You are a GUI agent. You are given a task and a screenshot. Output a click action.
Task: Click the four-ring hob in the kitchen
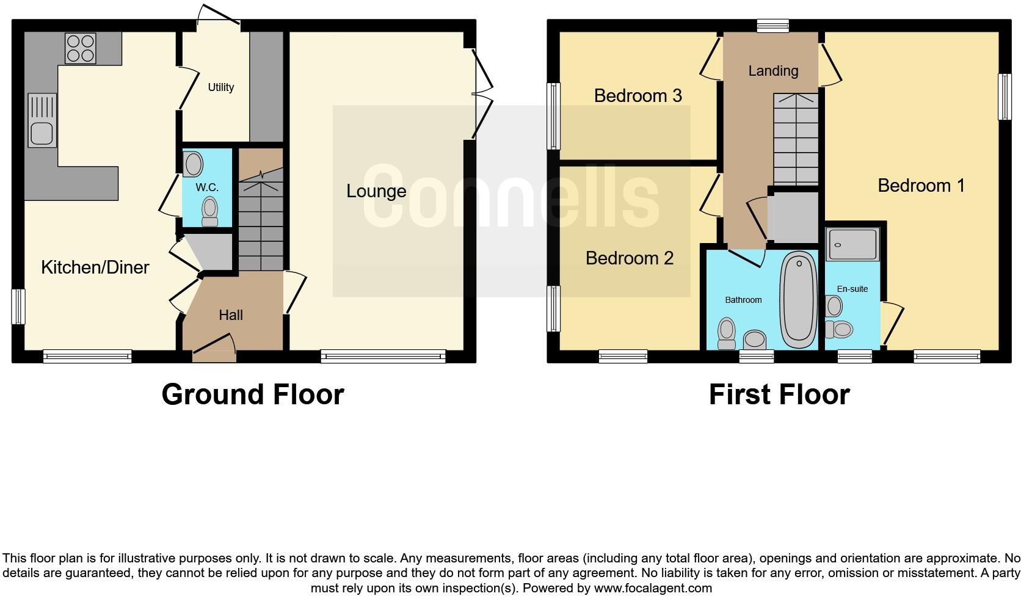click(81, 48)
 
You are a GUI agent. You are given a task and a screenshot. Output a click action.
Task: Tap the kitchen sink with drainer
click(42, 120)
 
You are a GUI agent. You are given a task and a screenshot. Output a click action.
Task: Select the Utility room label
click(220, 87)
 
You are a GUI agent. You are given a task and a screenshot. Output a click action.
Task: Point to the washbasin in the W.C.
click(193, 164)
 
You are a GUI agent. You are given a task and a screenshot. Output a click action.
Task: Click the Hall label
click(231, 315)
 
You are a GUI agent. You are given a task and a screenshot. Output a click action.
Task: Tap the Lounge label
click(376, 191)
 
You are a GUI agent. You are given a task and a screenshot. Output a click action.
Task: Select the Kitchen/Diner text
click(95, 267)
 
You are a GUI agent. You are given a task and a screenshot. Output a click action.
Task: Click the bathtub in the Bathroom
click(798, 299)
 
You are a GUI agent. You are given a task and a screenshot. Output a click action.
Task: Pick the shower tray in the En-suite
click(852, 244)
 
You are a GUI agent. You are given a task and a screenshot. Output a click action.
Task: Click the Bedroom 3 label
click(638, 95)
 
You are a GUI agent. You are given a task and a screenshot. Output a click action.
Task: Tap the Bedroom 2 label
click(629, 258)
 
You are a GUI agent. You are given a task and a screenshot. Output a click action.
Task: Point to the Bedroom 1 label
click(921, 185)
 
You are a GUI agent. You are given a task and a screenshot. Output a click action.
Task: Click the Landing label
click(773, 71)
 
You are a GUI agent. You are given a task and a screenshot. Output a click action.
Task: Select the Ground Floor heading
click(252, 394)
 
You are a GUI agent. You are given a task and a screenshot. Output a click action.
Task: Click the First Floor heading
click(779, 394)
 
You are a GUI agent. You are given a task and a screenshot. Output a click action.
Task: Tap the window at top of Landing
click(772, 25)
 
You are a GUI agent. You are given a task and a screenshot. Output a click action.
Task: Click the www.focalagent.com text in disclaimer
click(652, 589)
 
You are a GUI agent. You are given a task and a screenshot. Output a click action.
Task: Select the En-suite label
click(852, 289)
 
